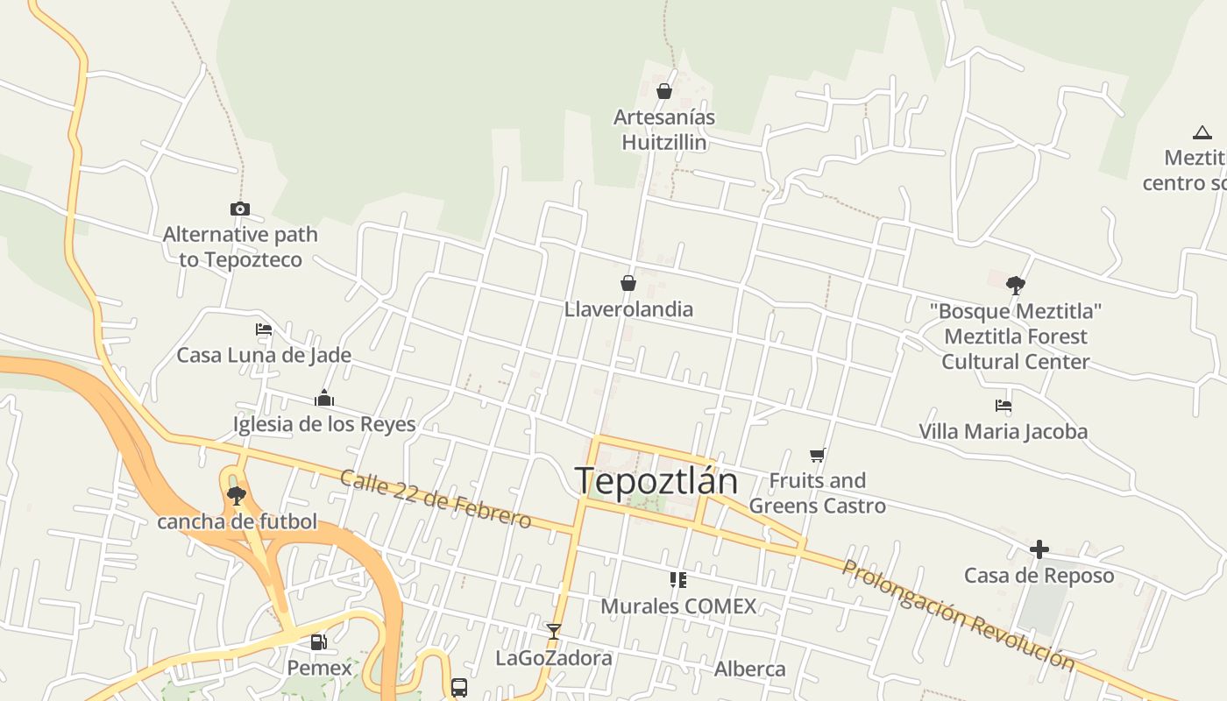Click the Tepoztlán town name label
656,481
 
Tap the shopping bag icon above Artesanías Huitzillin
664,91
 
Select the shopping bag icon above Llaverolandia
628,282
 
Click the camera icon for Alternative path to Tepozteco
240,209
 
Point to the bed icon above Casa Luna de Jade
264,329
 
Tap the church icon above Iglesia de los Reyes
324,399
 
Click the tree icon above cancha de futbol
236,496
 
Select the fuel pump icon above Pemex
319,642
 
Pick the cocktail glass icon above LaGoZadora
553,631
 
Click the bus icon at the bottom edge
459,687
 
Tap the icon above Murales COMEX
677,579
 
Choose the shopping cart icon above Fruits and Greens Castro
818,455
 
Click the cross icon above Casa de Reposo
1039,549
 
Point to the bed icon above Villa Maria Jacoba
1004,406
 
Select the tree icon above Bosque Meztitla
1016,285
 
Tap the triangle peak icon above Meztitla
1202,133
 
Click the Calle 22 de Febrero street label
436,499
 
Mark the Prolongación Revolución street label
958,615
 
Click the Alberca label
750,669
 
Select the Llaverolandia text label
628,309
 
